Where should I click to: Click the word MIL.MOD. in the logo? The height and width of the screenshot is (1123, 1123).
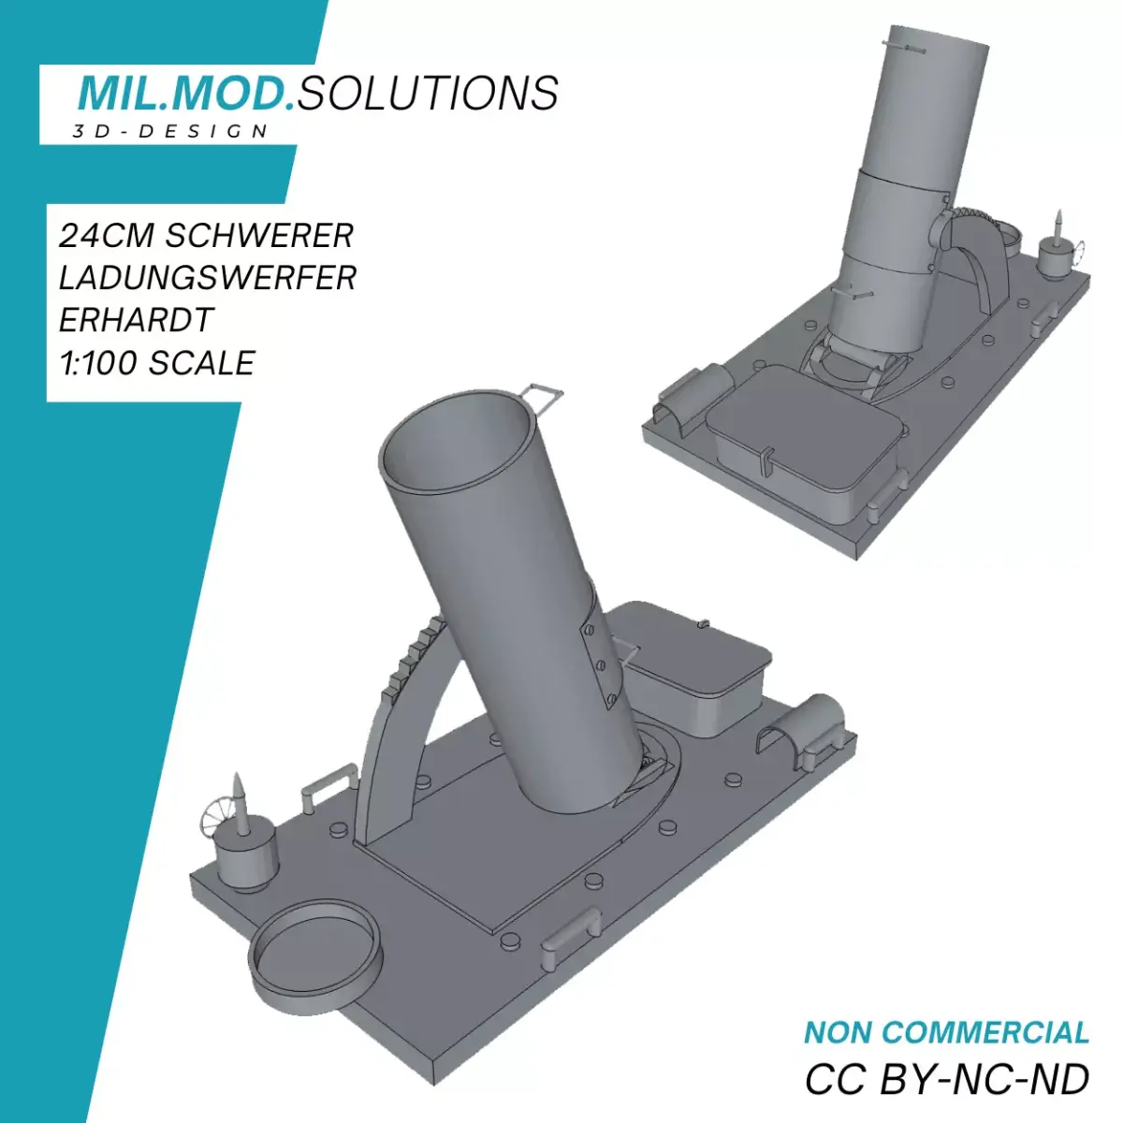tap(185, 94)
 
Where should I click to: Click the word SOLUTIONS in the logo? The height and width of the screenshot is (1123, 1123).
tap(429, 94)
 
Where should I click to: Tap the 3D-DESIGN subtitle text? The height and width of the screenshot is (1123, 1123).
tap(171, 132)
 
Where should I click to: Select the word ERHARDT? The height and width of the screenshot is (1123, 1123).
tap(137, 320)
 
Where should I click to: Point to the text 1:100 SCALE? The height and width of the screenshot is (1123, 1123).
tap(156, 363)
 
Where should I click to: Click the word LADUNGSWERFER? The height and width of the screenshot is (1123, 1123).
tap(207, 278)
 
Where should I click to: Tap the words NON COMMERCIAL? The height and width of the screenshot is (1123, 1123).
tap(946, 1033)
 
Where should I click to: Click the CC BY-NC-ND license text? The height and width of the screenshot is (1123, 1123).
tap(946, 1080)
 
